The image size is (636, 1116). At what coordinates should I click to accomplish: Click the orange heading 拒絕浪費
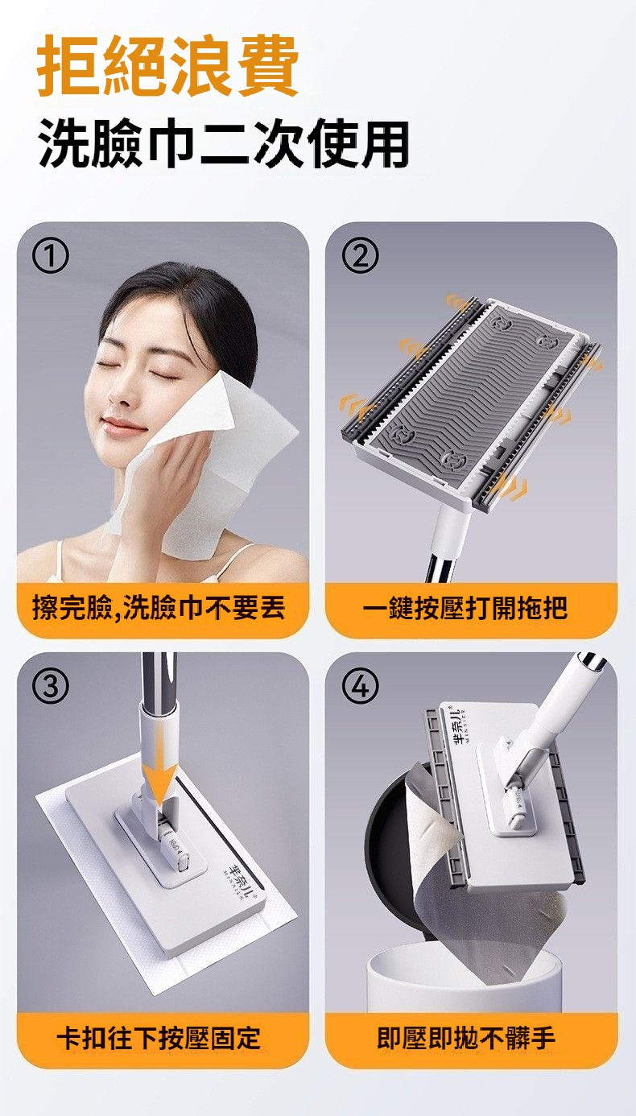[x=167, y=65]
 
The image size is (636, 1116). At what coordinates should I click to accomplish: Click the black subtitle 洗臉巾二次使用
[x=224, y=143]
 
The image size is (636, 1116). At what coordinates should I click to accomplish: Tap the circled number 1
[x=50, y=255]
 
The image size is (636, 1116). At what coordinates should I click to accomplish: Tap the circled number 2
[x=360, y=255]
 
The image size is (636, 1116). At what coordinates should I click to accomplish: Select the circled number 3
[x=50, y=685]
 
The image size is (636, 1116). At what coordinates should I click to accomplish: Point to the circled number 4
[x=360, y=685]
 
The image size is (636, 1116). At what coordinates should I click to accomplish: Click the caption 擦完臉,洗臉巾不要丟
[x=159, y=608]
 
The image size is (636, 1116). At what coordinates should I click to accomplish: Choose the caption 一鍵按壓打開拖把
[x=465, y=608]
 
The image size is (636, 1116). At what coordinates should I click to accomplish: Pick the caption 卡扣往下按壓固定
[x=159, y=1038]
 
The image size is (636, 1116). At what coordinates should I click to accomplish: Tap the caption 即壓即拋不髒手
[x=465, y=1038]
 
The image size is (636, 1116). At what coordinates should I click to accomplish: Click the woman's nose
[x=117, y=394]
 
